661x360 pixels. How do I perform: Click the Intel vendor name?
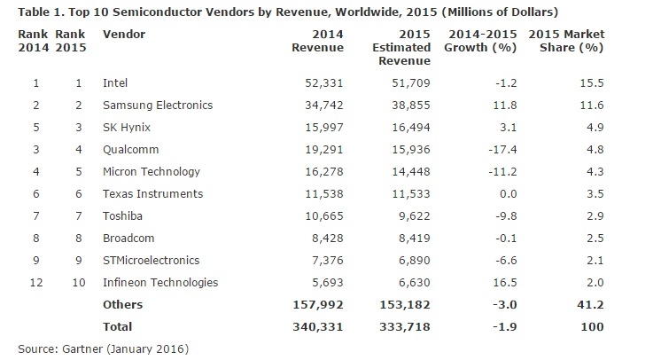(x=115, y=82)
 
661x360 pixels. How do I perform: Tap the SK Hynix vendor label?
(x=127, y=127)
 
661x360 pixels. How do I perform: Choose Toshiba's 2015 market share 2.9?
(x=593, y=215)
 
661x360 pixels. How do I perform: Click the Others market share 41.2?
(x=590, y=305)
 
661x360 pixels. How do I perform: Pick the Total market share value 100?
(x=593, y=327)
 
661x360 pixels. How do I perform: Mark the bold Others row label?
(x=122, y=305)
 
